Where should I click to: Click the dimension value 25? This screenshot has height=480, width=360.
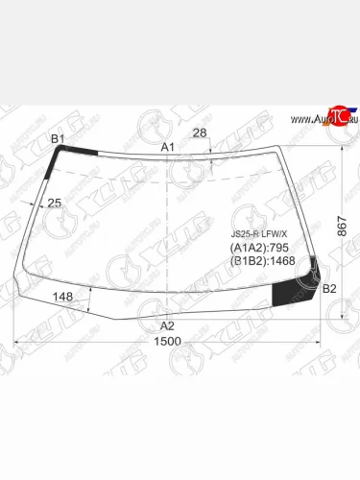(55, 203)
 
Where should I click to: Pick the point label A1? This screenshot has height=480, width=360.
(167, 146)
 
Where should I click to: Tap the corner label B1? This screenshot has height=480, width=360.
(58, 140)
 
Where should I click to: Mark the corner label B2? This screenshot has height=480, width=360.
(329, 288)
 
